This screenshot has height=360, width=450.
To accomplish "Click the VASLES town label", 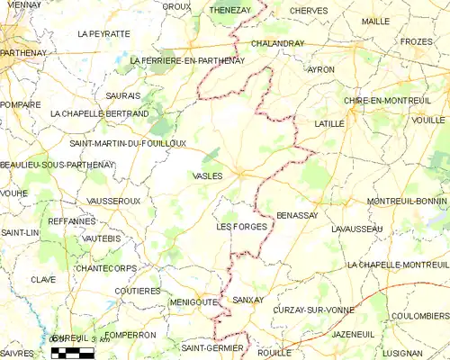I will pos(207,176).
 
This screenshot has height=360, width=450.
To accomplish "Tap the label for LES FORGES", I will pos(242,228).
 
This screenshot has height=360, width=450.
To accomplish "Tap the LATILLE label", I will pos(330,122).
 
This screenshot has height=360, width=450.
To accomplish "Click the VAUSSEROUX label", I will pos(114,201).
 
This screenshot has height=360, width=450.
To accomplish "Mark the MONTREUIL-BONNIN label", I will pos(408,201).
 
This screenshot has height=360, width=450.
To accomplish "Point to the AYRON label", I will pos(320,69).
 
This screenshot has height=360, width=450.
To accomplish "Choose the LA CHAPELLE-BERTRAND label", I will pos(100,114).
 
